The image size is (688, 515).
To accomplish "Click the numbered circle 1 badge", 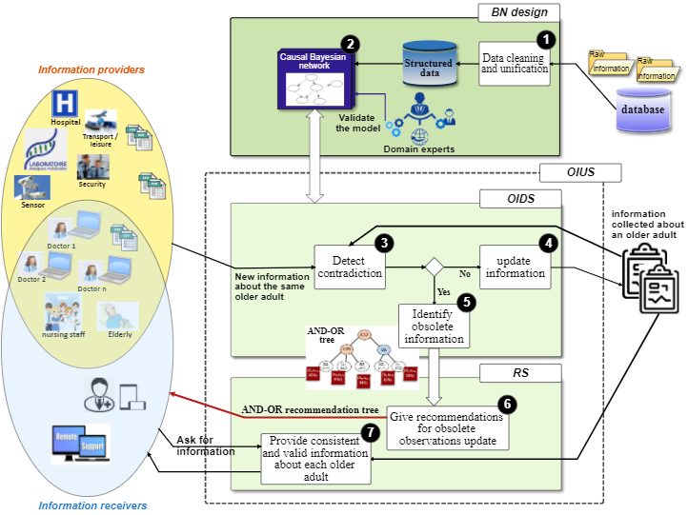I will [545, 40].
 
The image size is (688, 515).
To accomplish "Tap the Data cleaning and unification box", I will [513, 64].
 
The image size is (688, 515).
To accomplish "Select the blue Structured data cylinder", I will [430, 63].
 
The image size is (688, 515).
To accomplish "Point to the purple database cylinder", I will [642, 109].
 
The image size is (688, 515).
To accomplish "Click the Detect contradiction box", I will [349, 267].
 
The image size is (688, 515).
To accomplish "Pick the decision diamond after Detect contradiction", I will [435, 267].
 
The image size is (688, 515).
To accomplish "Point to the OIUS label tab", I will [580, 172].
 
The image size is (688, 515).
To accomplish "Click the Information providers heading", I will [91, 69].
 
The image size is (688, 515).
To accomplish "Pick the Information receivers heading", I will [92, 505].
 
